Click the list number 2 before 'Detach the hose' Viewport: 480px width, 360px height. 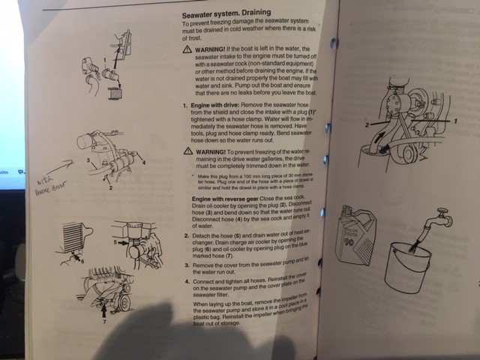pyautogui.click(x=186, y=235)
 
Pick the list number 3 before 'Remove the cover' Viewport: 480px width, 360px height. pyautogui.click(x=186, y=265)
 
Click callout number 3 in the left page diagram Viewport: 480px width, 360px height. pyautogui.click(x=88, y=159)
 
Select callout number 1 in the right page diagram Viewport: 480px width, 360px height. pyautogui.click(x=455, y=120)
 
